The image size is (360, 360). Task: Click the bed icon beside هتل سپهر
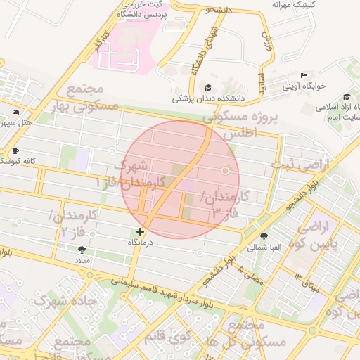[16, 112]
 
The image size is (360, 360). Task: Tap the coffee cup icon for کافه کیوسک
[16, 150]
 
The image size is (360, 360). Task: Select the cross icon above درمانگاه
[141, 231]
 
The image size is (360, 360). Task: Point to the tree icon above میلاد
[82, 250]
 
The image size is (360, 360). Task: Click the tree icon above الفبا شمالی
[264, 236]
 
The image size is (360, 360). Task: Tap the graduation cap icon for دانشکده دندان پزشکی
[208, 87]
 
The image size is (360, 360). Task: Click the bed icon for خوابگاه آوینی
[304, 76]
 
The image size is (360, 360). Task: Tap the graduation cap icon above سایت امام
[347, 97]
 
